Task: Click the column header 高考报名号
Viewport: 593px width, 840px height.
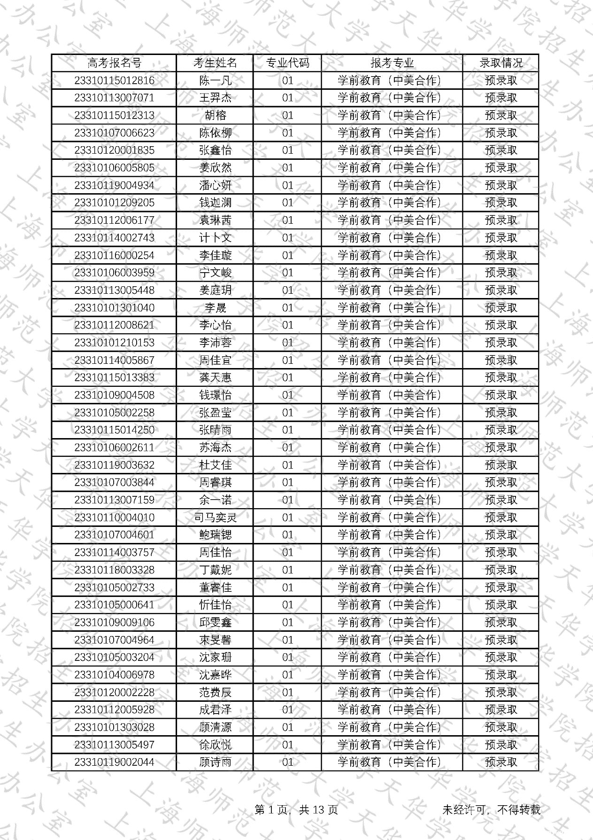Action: [x=114, y=63]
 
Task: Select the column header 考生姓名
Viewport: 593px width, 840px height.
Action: [x=215, y=63]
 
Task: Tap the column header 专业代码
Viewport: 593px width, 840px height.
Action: [x=287, y=63]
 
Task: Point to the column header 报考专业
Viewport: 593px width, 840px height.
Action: [x=392, y=63]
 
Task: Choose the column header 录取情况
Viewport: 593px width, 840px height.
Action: [x=501, y=63]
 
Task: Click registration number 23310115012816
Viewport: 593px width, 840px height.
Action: [x=114, y=80]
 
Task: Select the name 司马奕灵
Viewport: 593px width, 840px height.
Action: [x=215, y=518]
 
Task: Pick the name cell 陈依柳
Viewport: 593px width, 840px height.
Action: [x=215, y=133]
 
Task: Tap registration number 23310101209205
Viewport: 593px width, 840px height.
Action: [x=114, y=203]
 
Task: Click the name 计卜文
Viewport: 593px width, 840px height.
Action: [x=215, y=238]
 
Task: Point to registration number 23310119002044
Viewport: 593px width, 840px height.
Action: [x=114, y=762]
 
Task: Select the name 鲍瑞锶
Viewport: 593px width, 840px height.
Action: [x=215, y=535]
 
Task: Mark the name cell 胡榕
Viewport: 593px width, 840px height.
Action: [x=215, y=116]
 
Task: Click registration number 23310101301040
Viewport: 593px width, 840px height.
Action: [x=114, y=308]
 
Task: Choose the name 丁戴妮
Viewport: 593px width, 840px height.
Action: [x=215, y=570]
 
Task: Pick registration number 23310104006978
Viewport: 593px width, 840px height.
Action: [x=114, y=675]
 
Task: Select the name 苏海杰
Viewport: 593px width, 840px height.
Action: [x=215, y=447]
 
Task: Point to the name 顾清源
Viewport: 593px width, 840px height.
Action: [x=215, y=727]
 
